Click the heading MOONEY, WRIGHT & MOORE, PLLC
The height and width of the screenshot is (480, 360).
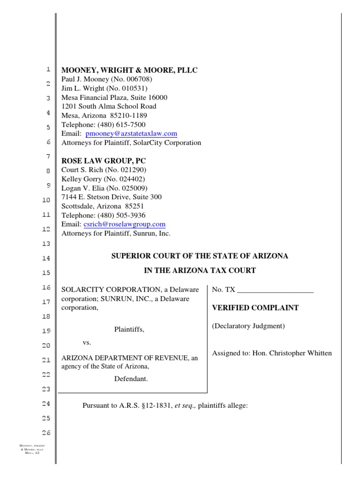[130, 70]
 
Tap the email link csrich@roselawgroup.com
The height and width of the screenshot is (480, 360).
[124, 225]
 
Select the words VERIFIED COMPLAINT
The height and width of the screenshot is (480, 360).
[255, 308]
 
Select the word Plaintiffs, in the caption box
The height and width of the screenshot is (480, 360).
[129, 330]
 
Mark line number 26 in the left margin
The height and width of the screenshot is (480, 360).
[45, 433]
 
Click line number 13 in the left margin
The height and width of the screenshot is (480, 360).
[45, 244]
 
